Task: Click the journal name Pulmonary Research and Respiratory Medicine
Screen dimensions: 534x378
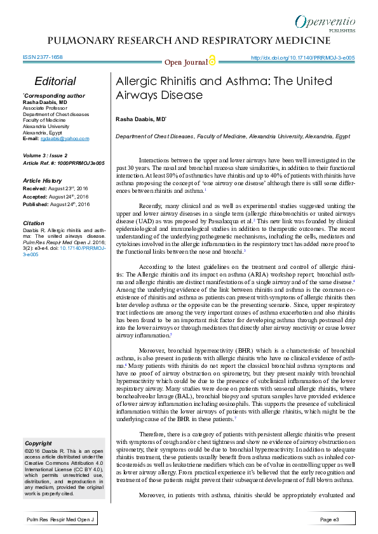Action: pos(189,41)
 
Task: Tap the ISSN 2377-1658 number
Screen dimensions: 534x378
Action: pos(43,57)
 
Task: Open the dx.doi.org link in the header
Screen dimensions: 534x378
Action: pos(302,58)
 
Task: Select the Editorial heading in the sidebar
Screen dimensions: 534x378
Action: pos(56,82)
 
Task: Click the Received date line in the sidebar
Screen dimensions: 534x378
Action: pos(56,188)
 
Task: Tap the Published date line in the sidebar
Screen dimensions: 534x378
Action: pos(56,205)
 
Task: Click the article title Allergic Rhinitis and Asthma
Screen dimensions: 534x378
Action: pos(224,88)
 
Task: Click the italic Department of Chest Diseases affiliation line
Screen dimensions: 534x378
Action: pos(233,137)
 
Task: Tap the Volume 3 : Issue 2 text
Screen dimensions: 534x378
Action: pos(45,155)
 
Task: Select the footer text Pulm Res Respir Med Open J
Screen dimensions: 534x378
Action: pos(60,519)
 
